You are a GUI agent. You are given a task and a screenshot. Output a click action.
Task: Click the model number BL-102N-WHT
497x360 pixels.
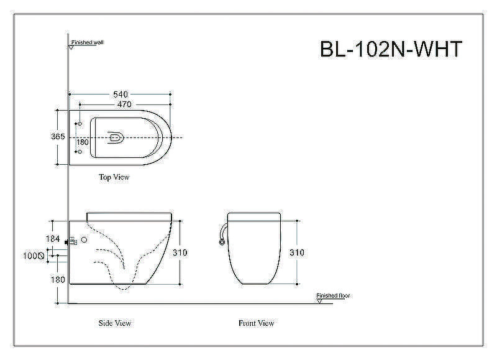(x=391, y=49)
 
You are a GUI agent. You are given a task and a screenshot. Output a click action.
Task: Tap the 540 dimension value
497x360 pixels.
(x=121, y=95)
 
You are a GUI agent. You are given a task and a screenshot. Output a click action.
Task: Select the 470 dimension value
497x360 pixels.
(x=124, y=104)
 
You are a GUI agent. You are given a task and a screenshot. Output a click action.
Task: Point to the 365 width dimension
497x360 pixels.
(x=58, y=136)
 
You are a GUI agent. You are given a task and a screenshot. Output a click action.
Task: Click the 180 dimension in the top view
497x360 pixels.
(x=83, y=142)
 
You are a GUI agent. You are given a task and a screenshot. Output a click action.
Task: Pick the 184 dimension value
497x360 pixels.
(x=53, y=239)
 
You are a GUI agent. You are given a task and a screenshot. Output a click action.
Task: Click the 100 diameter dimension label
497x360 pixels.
(x=34, y=256)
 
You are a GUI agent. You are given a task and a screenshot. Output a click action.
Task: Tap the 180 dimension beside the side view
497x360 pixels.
(x=58, y=279)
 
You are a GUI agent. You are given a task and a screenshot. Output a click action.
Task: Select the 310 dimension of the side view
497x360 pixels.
(x=180, y=252)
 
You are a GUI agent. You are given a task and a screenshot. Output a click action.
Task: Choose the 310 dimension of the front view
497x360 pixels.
(x=297, y=252)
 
